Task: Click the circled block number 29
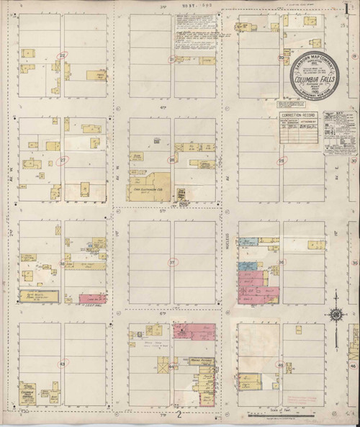[x=63, y=160]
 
